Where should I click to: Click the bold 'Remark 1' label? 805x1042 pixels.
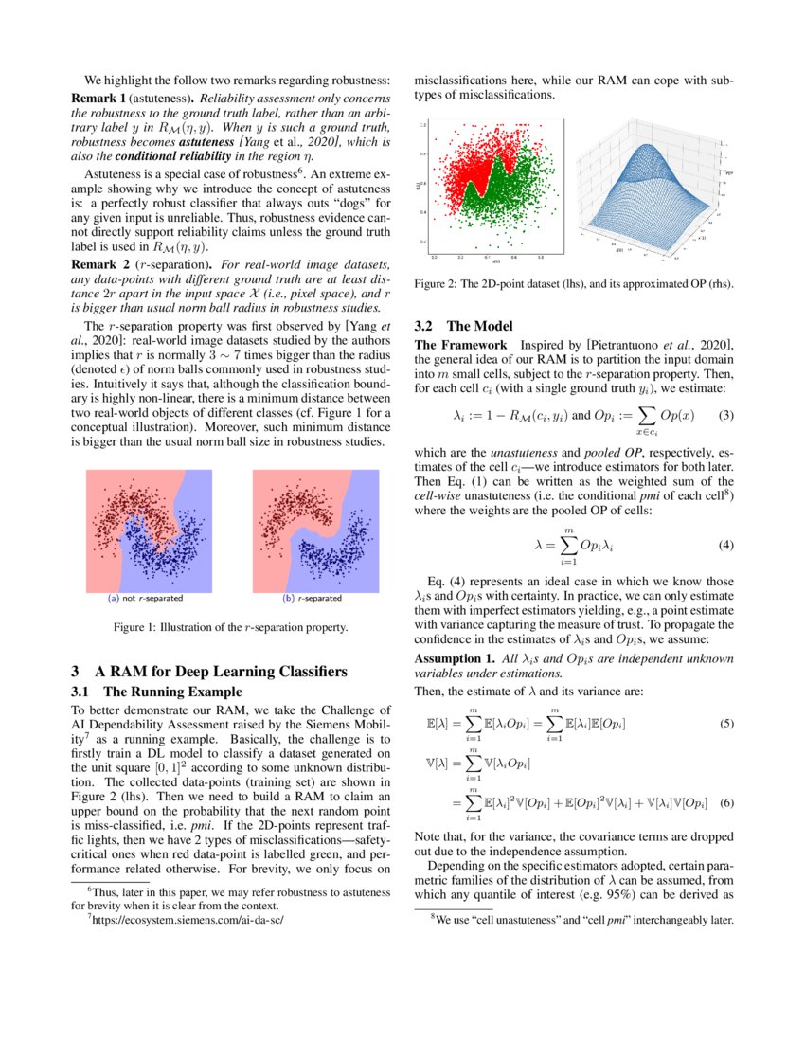coord(98,99)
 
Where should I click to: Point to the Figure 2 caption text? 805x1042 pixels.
coord(575,283)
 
